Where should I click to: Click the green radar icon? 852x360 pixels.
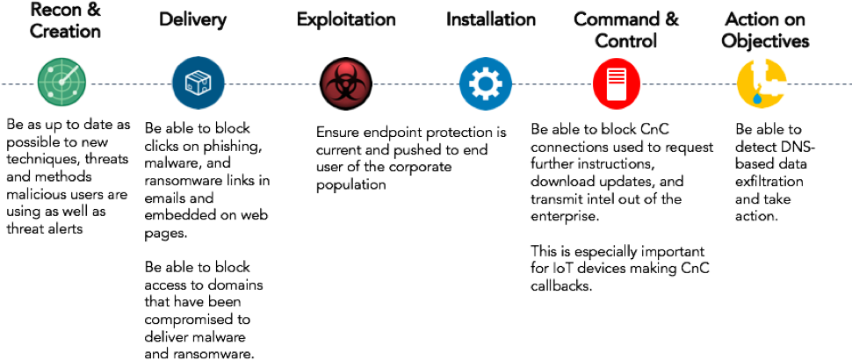61,83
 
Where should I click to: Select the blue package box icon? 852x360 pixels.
198,83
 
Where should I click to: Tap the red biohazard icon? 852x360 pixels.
346,83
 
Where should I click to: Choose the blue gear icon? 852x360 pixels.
485,83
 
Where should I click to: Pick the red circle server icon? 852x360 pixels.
617,83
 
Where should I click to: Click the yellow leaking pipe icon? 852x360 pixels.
761,83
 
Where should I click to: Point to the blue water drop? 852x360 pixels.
755,99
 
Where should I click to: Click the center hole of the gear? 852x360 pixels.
485,83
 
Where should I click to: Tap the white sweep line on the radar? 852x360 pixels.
70,74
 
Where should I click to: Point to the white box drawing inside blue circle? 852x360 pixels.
198,84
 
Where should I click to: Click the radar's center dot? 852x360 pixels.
61,84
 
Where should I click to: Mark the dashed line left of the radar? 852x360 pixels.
18,84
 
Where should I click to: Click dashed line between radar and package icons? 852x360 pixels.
130,84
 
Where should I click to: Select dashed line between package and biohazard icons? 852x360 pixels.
273,84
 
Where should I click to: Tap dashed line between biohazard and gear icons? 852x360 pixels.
415,84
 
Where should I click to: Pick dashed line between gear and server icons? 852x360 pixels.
552,84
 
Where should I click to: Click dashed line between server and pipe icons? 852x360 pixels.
690,84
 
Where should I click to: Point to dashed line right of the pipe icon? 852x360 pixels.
819,84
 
